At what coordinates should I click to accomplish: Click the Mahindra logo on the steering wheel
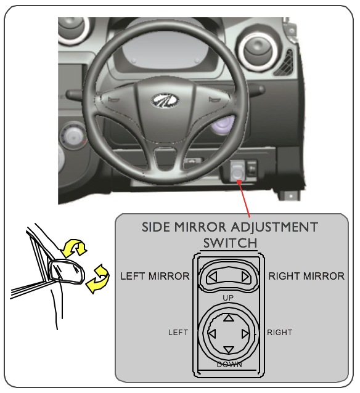click(x=165, y=101)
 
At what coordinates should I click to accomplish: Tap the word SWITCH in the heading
click(x=230, y=243)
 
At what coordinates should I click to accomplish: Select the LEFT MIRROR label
click(x=155, y=276)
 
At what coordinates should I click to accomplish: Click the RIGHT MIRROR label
click(x=306, y=276)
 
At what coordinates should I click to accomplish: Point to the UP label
click(x=228, y=298)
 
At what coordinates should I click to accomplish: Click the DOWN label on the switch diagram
click(x=229, y=365)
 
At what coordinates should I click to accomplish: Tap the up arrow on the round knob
click(x=229, y=318)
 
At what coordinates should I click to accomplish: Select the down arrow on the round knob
click(x=228, y=350)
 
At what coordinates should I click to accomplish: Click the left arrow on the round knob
click(x=212, y=334)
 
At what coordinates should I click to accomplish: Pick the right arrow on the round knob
click(x=245, y=334)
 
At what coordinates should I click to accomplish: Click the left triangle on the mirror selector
click(x=213, y=277)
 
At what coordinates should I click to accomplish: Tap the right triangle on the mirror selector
click(x=245, y=277)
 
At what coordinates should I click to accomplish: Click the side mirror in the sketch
click(x=67, y=272)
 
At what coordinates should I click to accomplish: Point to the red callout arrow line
click(x=244, y=199)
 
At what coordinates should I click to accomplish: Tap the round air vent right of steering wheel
click(x=258, y=52)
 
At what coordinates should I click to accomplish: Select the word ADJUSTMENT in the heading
click(x=274, y=227)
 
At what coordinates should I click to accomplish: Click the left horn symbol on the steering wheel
click(x=114, y=100)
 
